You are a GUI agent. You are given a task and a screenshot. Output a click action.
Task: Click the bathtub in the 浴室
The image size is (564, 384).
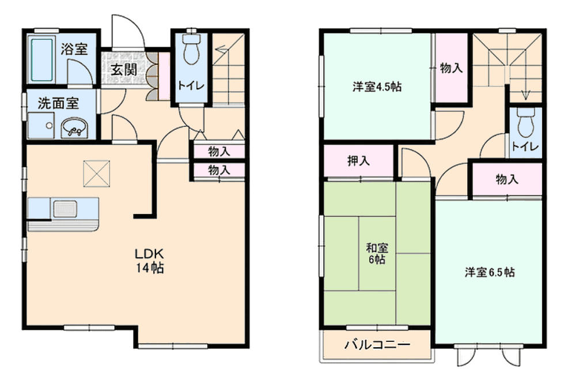pos(42,59)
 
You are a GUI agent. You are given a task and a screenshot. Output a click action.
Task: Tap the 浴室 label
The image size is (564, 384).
pos(74,49)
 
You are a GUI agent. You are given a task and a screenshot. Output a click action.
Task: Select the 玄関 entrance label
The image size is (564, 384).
pos(124,69)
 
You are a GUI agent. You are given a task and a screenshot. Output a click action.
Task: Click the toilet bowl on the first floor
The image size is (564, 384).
pos(191,50)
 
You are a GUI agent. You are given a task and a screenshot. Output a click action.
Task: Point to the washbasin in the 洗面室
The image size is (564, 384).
pos(74,128)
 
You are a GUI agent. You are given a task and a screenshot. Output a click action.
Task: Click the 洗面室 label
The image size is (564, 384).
pos(58,104)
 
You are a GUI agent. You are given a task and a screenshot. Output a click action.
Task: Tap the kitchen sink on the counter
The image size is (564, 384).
pos(65,209)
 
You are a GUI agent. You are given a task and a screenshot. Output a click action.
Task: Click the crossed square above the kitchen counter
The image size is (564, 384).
pos(97,174)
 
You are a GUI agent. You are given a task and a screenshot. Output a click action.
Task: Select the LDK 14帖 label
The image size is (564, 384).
pos(150,261)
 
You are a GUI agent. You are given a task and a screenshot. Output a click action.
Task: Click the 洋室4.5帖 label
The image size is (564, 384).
pos(377,87)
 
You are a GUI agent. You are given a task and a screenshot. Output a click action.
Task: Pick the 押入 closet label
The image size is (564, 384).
pos(358,160)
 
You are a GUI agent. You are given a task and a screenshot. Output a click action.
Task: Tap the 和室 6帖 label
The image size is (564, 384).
pos(377,254)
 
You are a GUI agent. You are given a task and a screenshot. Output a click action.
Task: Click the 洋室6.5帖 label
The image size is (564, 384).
pos(490,272)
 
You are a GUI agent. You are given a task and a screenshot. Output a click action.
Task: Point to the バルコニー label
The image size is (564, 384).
pos(377,345)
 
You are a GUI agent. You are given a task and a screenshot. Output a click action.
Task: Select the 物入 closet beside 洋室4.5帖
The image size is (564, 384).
pos(451,67)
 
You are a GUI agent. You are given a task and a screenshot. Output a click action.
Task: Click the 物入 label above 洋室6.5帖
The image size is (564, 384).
pos(507,179)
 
